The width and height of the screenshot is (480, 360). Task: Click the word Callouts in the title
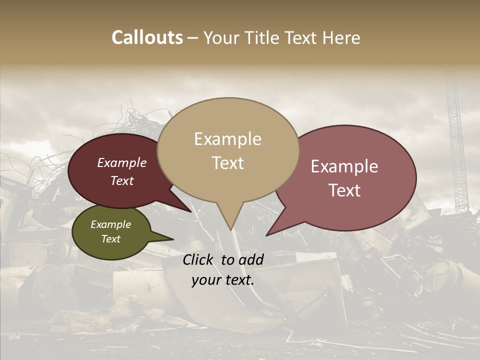tap(147, 37)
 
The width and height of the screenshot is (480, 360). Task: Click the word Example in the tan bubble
tap(227, 139)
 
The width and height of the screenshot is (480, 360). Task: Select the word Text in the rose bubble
tap(345, 190)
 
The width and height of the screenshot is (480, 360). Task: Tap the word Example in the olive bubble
tap(110, 224)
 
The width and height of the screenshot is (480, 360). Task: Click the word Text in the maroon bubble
tap(122, 181)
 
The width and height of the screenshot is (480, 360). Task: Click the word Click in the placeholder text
tap(199, 259)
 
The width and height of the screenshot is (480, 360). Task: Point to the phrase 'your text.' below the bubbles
tap(223, 280)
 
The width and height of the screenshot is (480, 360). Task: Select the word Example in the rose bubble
tap(344, 166)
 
